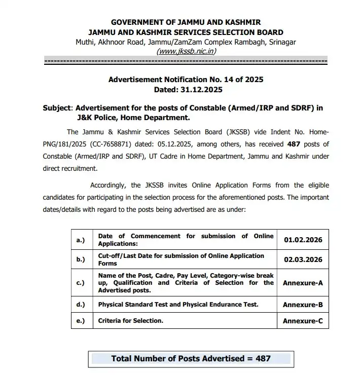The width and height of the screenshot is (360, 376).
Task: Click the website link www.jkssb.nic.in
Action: pos(186,51)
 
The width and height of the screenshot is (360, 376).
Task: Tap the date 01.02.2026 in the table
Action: pos(303,239)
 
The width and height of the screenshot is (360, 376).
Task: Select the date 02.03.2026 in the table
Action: pos(303,259)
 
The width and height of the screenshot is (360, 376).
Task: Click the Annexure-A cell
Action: pos(303,283)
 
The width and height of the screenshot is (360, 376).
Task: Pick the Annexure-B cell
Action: pos(303,305)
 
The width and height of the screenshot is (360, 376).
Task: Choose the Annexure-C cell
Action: pos(303,321)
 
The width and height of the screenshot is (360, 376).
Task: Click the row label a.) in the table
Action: pos(80,239)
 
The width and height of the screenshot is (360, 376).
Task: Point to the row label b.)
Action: pos(80,259)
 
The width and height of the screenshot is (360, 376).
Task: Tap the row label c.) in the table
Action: pos(80,283)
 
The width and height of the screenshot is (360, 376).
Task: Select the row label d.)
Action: pos(80,305)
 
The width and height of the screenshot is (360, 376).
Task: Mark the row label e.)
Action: pos(80,321)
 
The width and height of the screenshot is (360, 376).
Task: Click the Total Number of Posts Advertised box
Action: pos(191,358)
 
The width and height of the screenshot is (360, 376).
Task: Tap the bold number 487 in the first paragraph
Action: pos(294,144)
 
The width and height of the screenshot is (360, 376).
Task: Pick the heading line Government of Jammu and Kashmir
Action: pos(186,23)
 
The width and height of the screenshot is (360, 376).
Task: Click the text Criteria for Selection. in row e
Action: pos(130,321)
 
